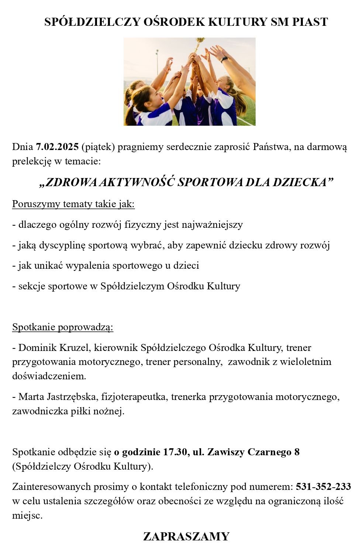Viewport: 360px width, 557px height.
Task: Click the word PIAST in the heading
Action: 310,22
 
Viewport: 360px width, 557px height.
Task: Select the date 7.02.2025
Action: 57,147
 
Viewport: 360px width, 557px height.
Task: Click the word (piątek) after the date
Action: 98,147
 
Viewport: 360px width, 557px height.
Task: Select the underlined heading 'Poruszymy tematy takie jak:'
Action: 73,204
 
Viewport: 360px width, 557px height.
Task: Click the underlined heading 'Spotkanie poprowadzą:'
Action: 63,327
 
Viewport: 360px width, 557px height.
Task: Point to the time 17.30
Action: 175,452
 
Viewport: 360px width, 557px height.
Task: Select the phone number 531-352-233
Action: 323,487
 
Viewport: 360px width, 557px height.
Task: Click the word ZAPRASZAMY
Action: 186,536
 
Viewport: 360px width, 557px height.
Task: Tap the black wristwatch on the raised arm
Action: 224,59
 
